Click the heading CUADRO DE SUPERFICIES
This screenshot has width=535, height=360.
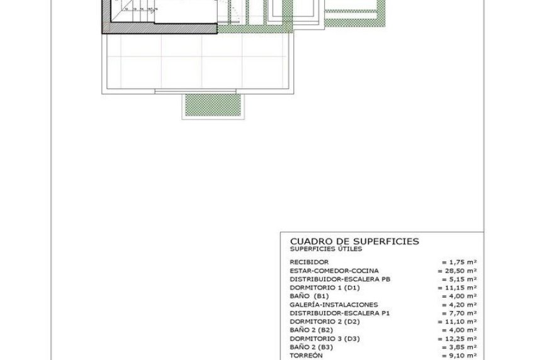(x=354, y=241)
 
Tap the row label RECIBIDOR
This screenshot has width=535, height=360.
(x=309, y=261)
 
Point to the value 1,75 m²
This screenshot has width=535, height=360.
(x=459, y=261)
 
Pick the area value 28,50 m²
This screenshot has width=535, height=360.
(x=457, y=270)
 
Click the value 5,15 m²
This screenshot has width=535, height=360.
(x=459, y=278)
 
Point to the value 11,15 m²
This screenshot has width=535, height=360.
(x=457, y=287)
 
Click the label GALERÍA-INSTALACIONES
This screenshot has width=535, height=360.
(x=334, y=304)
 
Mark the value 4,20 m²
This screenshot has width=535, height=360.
(x=459, y=304)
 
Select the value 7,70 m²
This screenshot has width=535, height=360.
(x=459, y=313)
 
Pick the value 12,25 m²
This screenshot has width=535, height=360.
(x=457, y=338)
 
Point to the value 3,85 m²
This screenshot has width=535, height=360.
(x=459, y=347)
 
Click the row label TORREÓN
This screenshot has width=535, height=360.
(x=306, y=355)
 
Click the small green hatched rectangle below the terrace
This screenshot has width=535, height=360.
(x=211, y=106)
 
